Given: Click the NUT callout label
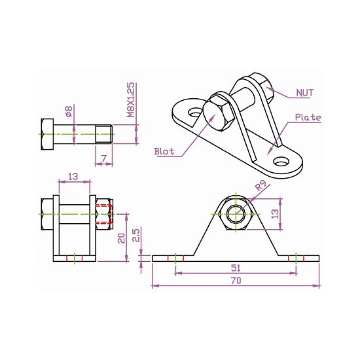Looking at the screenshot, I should coord(304,92).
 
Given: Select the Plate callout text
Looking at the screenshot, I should coord(308,118).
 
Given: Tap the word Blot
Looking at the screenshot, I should coord(164,151).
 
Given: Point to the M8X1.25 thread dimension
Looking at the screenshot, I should coord(130,99).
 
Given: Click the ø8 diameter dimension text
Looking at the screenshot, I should coord(68,112).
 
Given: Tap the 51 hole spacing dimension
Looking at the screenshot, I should coord(236,267).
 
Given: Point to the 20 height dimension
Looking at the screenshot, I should coord(121,237).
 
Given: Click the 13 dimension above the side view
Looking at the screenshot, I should coord(73,176).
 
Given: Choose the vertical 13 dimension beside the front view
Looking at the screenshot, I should coord(276,213).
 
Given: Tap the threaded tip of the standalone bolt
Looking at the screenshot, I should coord(105,135).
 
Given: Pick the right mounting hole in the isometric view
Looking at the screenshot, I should coord(281,160).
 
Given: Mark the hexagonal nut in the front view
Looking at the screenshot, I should coord(237,213).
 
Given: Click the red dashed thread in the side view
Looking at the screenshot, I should coord(103,213).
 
